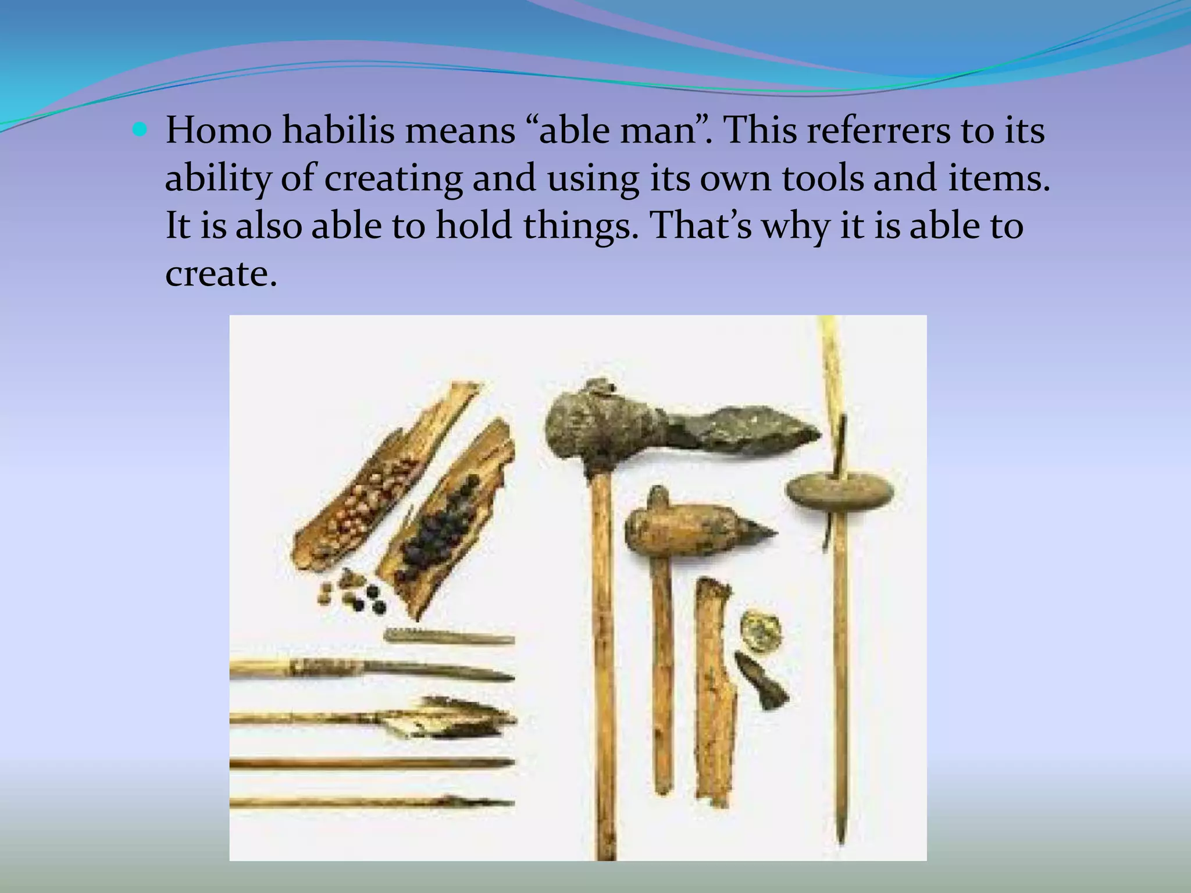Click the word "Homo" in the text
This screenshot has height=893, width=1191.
click(x=219, y=130)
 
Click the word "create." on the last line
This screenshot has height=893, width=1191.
click(x=220, y=273)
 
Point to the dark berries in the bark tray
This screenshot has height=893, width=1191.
click(x=442, y=532)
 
